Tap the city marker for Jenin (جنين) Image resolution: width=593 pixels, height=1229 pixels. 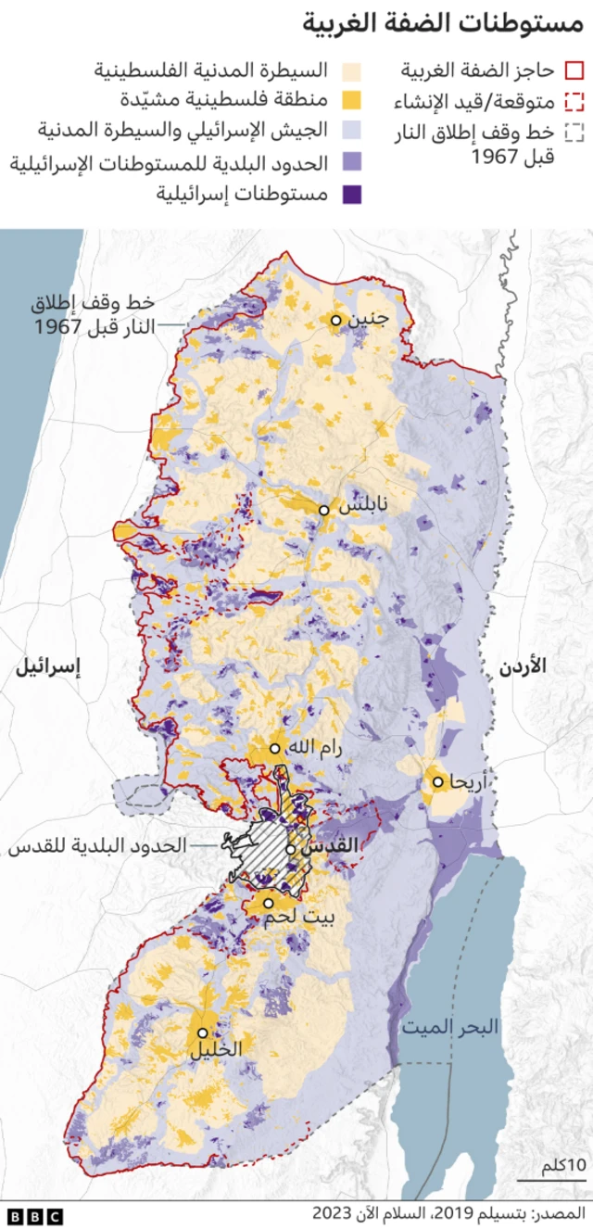pos(335,320)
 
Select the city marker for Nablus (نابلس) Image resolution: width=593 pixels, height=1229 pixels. pos(324,510)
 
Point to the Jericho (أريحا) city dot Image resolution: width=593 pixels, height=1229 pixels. pos(437,781)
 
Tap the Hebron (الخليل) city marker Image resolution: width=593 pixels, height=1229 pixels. pos(202,1032)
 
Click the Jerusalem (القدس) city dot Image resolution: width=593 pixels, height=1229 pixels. pos(291,847)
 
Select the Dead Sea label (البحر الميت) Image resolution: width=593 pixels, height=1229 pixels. pos(449,1027)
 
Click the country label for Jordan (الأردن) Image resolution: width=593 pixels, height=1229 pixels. pos(523,665)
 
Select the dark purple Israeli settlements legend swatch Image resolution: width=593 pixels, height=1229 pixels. pos(353,195)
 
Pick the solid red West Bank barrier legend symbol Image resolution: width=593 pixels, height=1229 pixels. pos(574,70)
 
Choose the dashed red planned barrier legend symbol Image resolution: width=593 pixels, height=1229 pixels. pos(574,101)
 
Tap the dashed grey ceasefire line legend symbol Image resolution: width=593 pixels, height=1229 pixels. pos(574,133)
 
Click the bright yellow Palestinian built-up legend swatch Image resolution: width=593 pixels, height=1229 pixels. pos(353,101)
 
